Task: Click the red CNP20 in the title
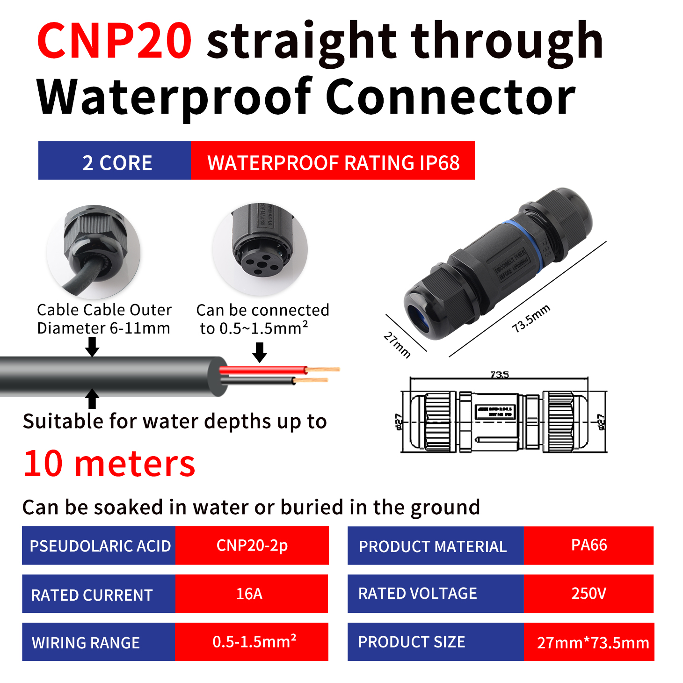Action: click(115, 41)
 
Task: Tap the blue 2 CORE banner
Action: click(115, 160)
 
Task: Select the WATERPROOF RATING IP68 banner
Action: click(333, 160)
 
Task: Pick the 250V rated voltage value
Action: click(589, 594)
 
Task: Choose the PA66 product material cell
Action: click(589, 545)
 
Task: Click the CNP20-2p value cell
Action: click(251, 545)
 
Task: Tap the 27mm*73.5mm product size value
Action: click(592, 642)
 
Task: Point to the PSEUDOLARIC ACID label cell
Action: click(99, 545)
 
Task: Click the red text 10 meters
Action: click(109, 464)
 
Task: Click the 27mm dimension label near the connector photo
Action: click(397, 345)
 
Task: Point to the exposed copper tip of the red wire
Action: click(323, 370)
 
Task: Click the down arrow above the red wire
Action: click(260, 352)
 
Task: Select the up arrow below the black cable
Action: click(92, 399)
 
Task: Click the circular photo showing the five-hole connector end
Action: click(260, 249)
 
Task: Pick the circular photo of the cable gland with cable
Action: click(94, 252)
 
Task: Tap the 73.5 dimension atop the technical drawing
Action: click(499, 375)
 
